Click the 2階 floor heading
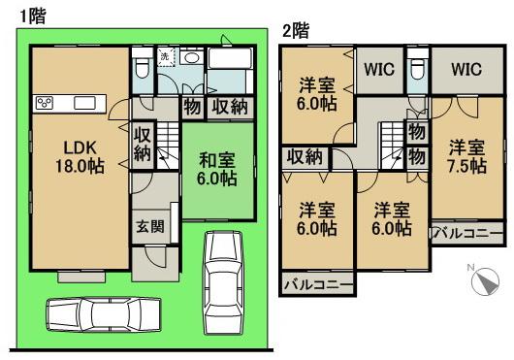[295, 30]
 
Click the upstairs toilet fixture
[417, 69]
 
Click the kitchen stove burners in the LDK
[44, 103]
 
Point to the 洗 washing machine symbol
[165, 57]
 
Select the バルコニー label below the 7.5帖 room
[467, 234]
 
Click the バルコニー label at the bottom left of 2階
[317, 285]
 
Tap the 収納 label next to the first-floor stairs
[142, 144]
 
